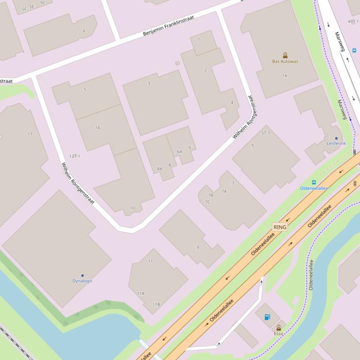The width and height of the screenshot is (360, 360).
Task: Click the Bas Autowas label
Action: (x=285, y=61)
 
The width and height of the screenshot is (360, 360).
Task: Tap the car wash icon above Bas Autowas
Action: (x=285, y=55)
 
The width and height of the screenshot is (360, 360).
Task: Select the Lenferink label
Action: (x=336, y=144)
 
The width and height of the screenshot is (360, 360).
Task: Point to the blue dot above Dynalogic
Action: (x=82, y=276)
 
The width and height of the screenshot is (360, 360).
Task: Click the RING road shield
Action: (x=279, y=227)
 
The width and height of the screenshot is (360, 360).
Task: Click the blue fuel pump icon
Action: (x=267, y=317)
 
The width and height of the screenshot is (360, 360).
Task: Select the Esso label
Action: (x=279, y=333)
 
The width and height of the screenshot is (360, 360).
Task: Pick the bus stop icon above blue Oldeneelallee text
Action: (x=314, y=182)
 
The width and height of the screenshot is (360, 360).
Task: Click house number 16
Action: (x=98, y=127)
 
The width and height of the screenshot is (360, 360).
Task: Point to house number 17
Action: (x=30, y=134)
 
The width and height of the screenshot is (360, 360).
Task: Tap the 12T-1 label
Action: (x=74, y=156)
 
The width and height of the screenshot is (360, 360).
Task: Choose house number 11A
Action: (x=140, y=294)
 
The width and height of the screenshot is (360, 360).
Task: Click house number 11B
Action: (x=156, y=304)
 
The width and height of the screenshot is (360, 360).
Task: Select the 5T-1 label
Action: (x=265, y=133)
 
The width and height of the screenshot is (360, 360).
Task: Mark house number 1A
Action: (x=284, y=75)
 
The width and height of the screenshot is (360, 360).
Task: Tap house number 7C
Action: (x=207, y=202)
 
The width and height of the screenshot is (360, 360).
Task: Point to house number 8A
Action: (x=160, y=169)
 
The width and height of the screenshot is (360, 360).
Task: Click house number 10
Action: (x=132, y=208)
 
